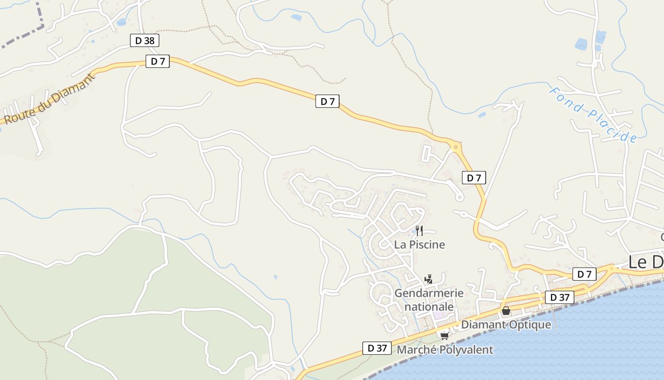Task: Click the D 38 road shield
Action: coord(145,40)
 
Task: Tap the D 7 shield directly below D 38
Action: coord(157,61)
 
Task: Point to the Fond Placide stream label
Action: coord(593,114)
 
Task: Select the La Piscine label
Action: coord(420,245)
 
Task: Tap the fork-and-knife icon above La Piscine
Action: coord(419,231)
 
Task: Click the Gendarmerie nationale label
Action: coord(429,300)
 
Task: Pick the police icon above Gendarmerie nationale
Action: coord(429,279)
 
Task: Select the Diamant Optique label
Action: coord(506,325)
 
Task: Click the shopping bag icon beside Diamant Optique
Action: coord(506,311)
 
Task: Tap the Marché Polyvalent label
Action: coord(445,350)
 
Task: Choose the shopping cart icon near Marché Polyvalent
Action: coord(444,336)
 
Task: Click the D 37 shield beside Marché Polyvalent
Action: coord(377,348)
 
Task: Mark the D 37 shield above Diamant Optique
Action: coord(560,298)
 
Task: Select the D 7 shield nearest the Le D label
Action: coord(585,274)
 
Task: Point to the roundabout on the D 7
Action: coord(456,147)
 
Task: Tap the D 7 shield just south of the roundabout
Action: coord(474,178)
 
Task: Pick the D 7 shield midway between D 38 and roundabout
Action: coord(327,101)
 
